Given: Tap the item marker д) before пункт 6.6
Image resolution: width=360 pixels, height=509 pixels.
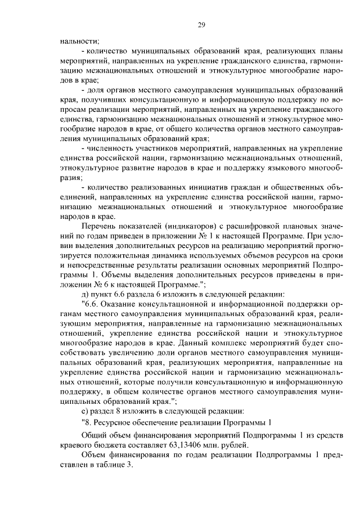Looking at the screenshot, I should click(x=85, y=294).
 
